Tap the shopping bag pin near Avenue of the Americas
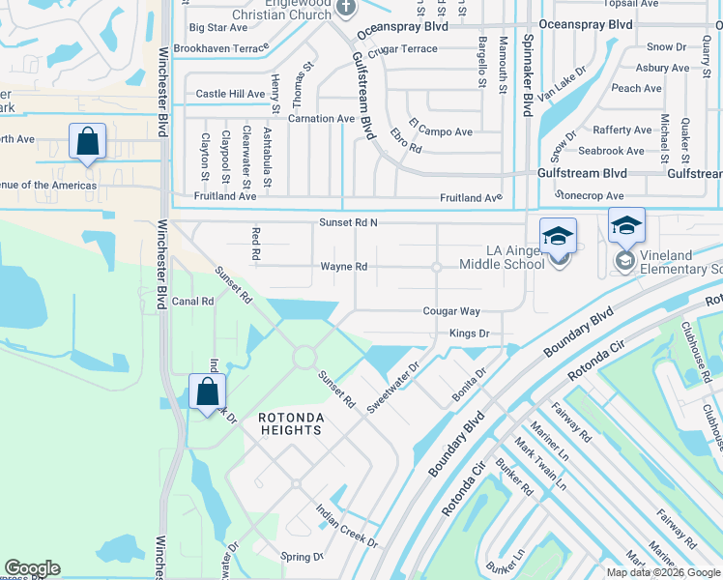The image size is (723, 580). (x=87, y=141)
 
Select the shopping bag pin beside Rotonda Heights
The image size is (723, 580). (x=207, y=391)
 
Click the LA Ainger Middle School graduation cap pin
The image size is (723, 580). (x=558, y=236)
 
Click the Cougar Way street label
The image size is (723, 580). (x=451, y=311)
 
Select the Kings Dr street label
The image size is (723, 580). (x=470, y=333)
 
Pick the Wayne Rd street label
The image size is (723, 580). (x=344, y=267)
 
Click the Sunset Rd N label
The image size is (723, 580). (x=348, y=223)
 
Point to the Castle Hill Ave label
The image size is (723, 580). (x=230, y=95)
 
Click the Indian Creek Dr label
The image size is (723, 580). (x=346, y=526)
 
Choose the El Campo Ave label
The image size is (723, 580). (x=441, y=128)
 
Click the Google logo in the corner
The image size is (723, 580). (x=32, y=568)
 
